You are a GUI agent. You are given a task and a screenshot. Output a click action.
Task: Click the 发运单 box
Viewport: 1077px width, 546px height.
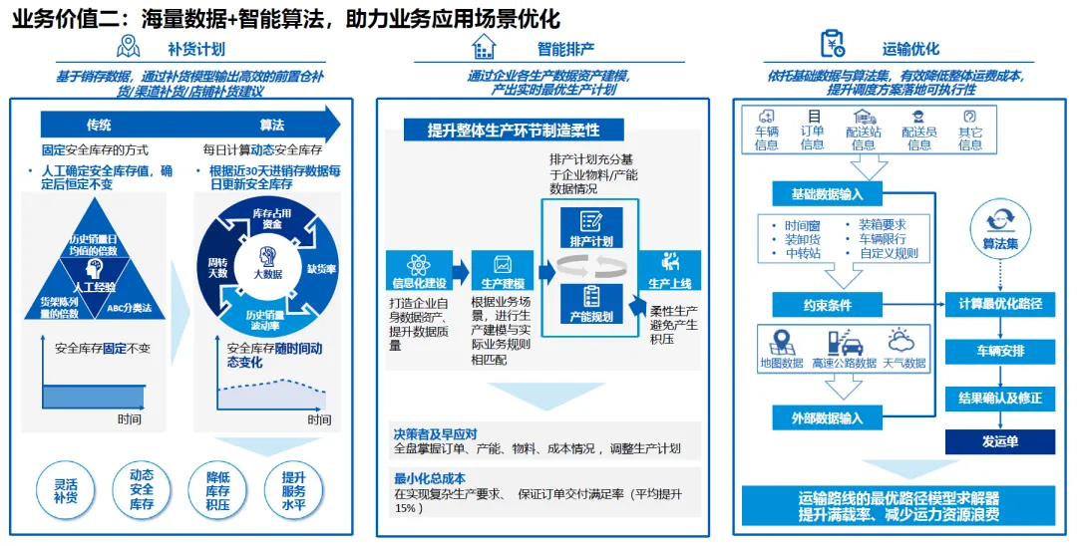tap(999, 440)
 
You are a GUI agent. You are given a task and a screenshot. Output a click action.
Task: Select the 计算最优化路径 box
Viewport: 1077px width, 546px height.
tap(999, 303)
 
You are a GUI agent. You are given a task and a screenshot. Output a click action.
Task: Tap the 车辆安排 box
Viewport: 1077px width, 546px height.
tap(999, 351)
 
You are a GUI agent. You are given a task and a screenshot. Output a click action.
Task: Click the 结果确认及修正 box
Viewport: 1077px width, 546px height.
tap(999, 398)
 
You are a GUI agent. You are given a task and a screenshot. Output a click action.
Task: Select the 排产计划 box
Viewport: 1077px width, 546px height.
tap(592, 228)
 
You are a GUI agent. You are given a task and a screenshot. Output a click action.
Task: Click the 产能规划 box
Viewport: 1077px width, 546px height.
tap(592, 304)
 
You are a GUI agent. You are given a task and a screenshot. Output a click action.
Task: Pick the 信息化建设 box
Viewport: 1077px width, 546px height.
tap(419, 267)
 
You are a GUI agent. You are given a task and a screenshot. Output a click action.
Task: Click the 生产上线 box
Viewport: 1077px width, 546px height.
tap(669, 267)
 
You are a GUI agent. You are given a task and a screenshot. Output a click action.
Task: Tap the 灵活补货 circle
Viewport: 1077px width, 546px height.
tap(65, 489)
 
